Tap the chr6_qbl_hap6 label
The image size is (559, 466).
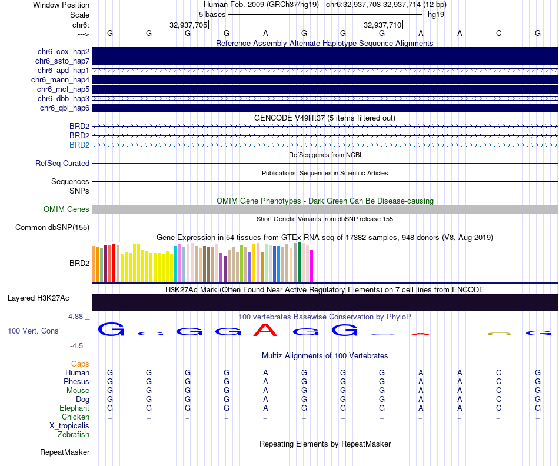click(x=65, y=108)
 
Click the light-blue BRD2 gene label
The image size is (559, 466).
click(x=79, y=145)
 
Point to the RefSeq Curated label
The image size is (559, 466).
click(x=62, y=164)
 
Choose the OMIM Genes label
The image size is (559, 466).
click(x=66, y=209)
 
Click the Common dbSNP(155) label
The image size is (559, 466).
click(x=52, y=228)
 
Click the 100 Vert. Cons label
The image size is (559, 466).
click(x=33, y=331)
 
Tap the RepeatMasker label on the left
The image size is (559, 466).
click(x=65, y=452)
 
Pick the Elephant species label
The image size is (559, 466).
click(x=74, y=408)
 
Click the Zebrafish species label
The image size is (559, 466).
click(x=74, y=435)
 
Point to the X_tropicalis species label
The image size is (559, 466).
click(x=69, y=426)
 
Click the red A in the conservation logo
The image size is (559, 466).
click(x=265, y=330)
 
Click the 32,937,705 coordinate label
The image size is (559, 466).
click(x=188, y=25)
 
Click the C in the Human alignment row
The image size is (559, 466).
click(x=498, y=373)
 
